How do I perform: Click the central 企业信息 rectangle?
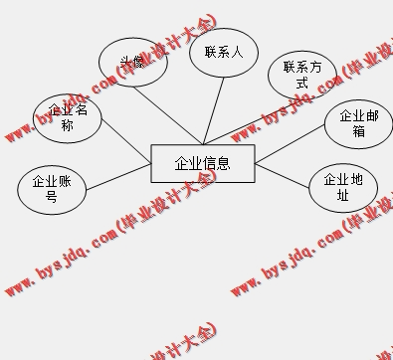202,164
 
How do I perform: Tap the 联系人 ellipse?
224,52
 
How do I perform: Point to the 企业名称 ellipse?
68,117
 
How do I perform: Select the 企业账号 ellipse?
52,189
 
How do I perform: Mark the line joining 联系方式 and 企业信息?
244,121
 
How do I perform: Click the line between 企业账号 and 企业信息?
117,177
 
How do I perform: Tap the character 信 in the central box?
209,164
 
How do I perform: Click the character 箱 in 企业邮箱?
358,131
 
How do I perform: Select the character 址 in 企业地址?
343,196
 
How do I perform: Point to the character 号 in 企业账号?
52,197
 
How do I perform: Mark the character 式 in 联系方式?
302,84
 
